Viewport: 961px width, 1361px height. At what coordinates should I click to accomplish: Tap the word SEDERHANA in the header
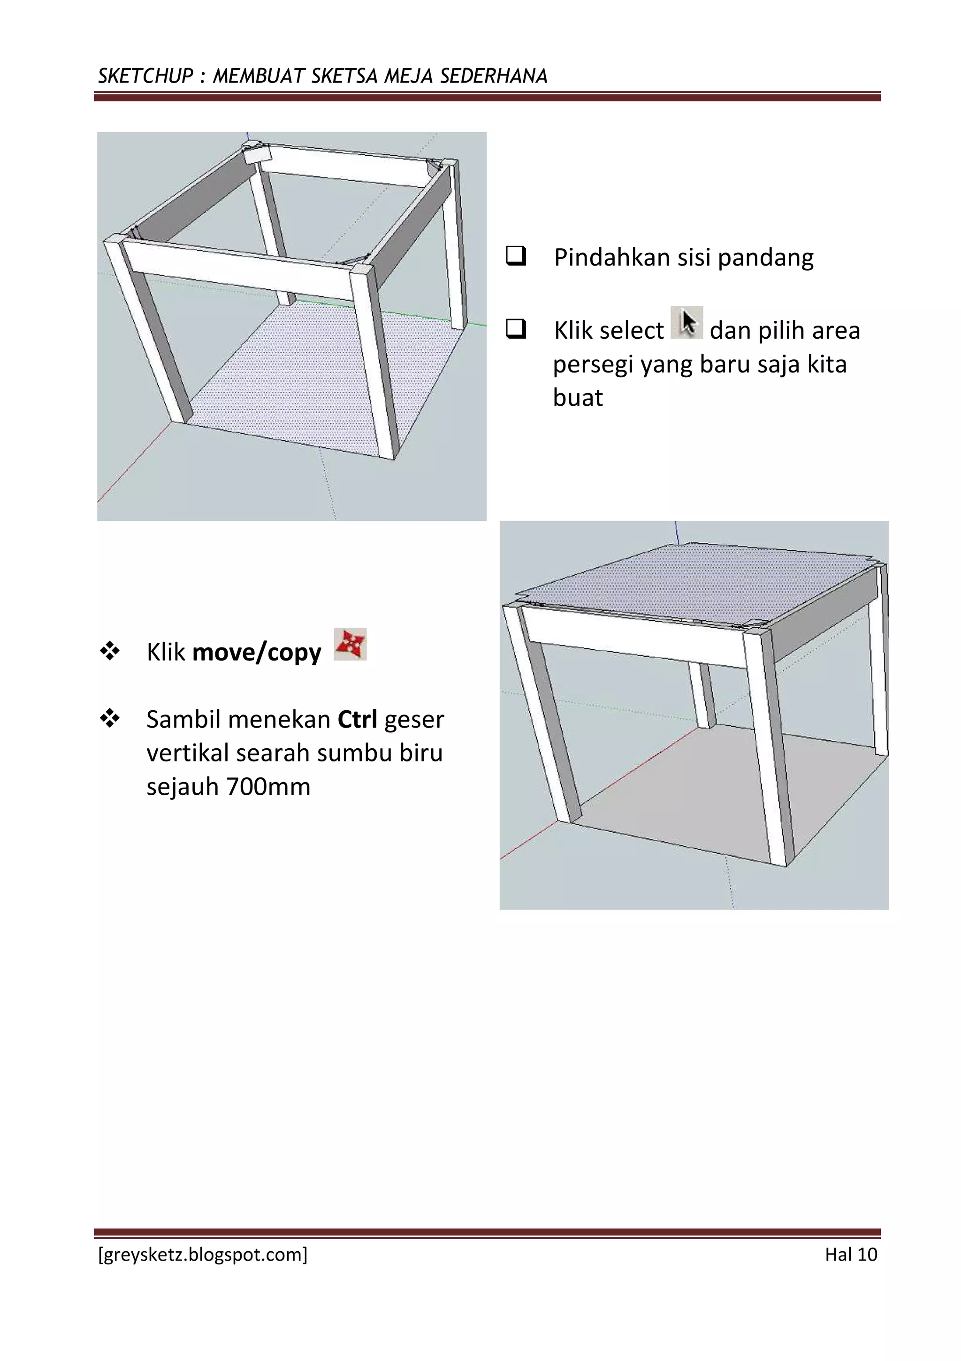pos(493,76)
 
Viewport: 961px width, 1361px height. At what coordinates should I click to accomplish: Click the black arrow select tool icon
pos(686,322)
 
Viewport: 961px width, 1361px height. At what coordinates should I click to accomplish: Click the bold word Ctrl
pos(357,719)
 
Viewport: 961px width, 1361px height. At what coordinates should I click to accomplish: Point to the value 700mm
pos(268,787)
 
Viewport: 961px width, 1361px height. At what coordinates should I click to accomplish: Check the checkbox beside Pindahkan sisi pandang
pos(515,257)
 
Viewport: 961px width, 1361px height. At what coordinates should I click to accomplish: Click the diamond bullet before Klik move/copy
pos(110,652)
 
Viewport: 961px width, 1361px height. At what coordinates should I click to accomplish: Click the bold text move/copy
pos(257,652)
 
